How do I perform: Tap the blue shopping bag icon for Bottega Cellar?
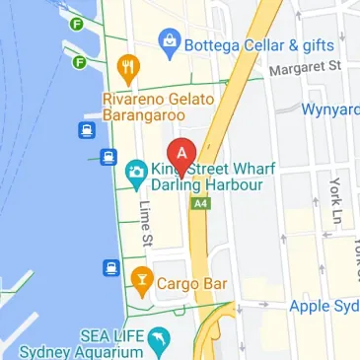click(x=172, y=41)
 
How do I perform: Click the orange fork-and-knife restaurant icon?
click(x=126, y=67)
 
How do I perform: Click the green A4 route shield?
click(x=201, y=203)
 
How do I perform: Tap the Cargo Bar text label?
click(x=192, y=284)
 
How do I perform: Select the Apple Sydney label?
click(x=324, y=306)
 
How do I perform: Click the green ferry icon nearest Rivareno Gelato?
click(x=79, y=63)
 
